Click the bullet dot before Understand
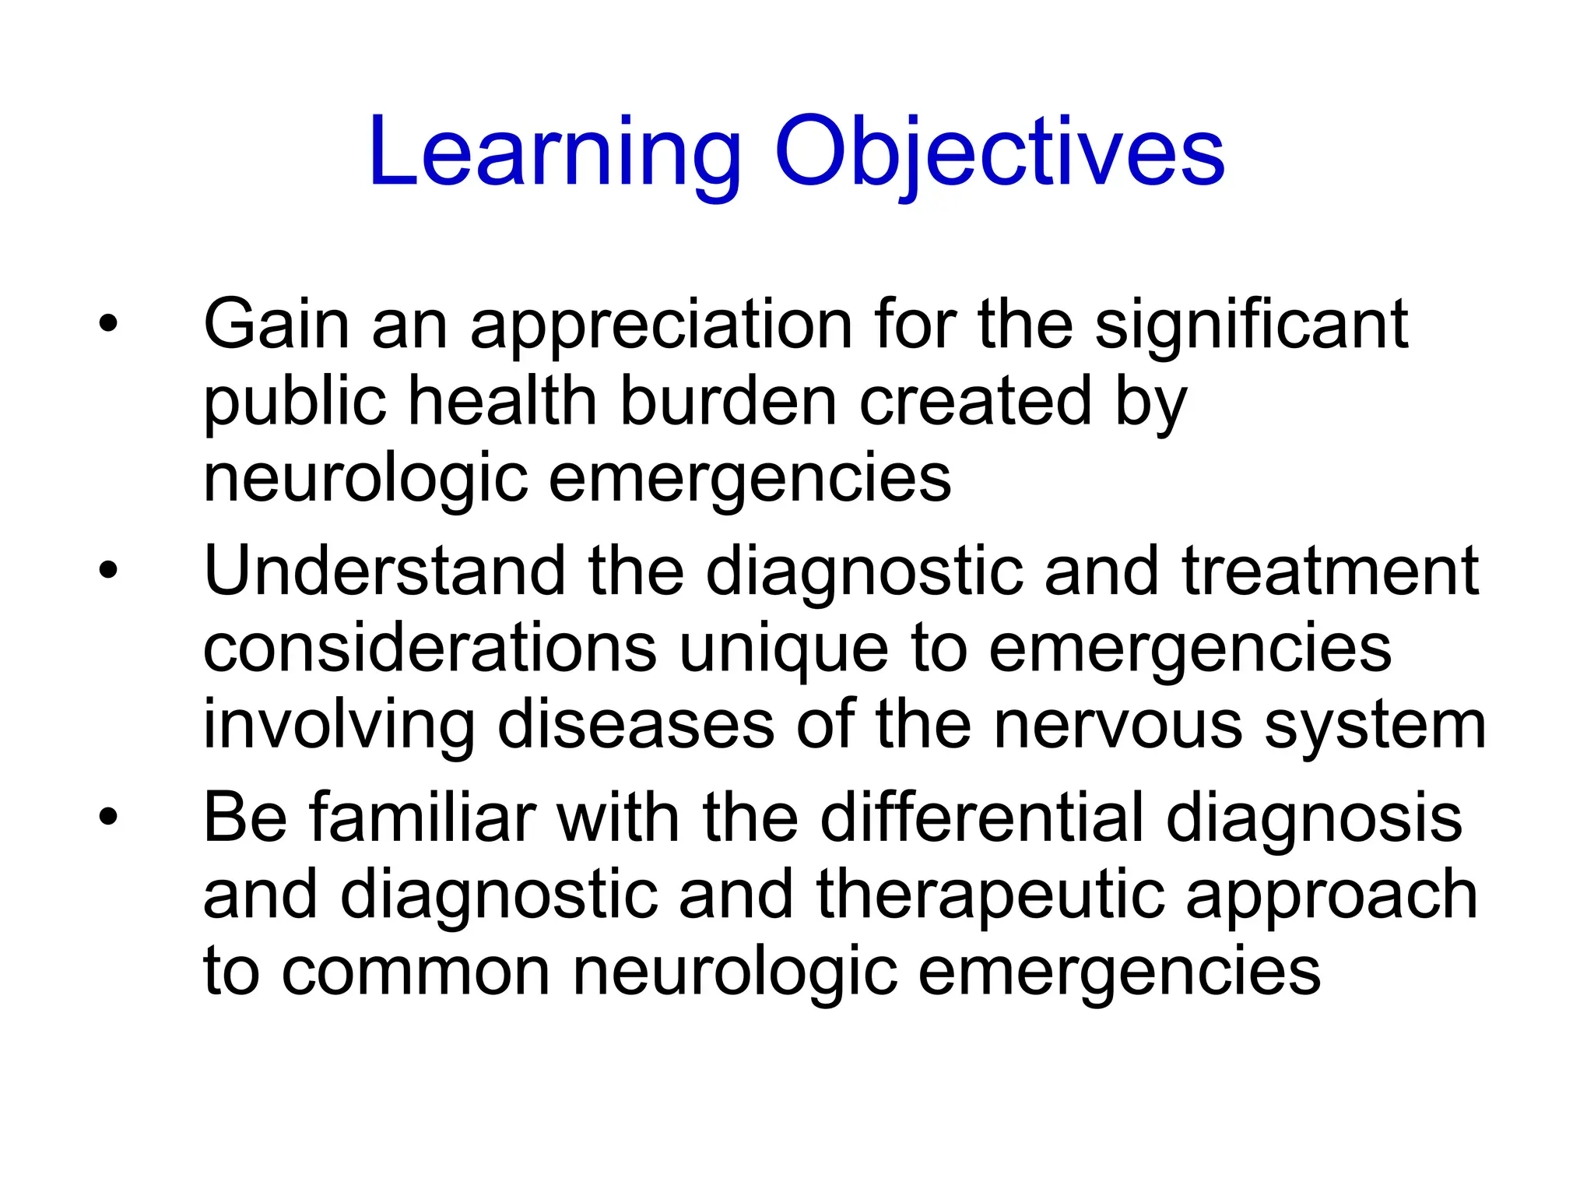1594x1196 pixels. point(108,570)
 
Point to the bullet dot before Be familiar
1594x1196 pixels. point(108,817)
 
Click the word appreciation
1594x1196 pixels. point(661,327)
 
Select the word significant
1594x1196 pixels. point(1252,327)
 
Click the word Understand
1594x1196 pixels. point(384,572)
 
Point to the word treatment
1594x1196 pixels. point(1330,572)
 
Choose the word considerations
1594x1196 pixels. point(430,649)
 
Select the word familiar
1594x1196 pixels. point(423,818)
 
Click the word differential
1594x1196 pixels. point(981,818)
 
